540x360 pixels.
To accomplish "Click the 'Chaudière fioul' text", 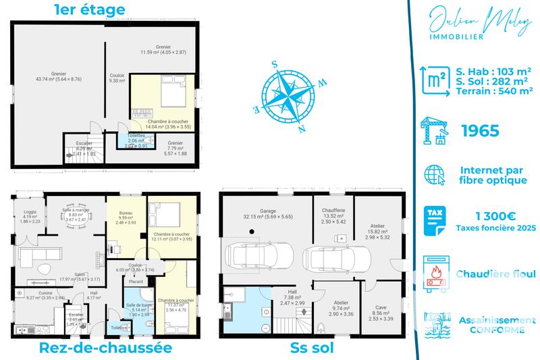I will (x=495, y=274).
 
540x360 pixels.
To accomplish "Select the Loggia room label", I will (x=29, y=215).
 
